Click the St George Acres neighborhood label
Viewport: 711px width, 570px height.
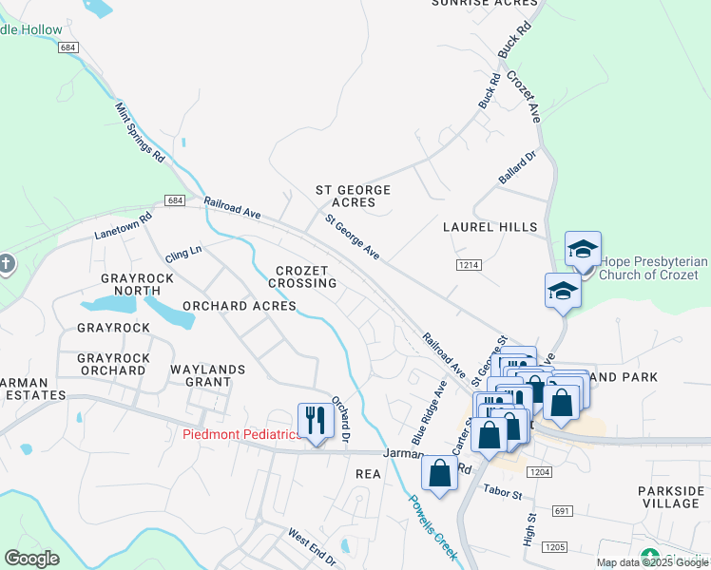point(353,197)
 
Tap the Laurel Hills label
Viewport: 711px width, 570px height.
point(490,227)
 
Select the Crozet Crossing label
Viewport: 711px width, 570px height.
point(302,276)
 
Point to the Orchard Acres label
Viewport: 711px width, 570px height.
point(240,306)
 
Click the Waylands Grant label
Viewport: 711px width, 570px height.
point(207,375)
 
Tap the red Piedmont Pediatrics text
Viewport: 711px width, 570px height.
point(241,435)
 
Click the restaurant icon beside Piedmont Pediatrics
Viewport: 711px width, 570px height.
point(315,421)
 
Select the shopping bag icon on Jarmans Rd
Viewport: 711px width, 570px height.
point(439,473)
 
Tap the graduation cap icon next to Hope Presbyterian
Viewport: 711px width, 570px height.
point(583,251)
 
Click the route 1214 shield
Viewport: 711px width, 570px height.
point(468,264)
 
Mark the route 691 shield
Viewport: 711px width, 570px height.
point(562,511)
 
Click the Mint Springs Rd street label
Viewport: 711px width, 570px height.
point(141,131)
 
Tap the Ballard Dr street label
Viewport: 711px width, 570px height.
point(518,166)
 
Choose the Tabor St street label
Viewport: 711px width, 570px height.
point(503,494)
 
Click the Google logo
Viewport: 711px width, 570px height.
point(31,559)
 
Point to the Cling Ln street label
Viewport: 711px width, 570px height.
point(183,254)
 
